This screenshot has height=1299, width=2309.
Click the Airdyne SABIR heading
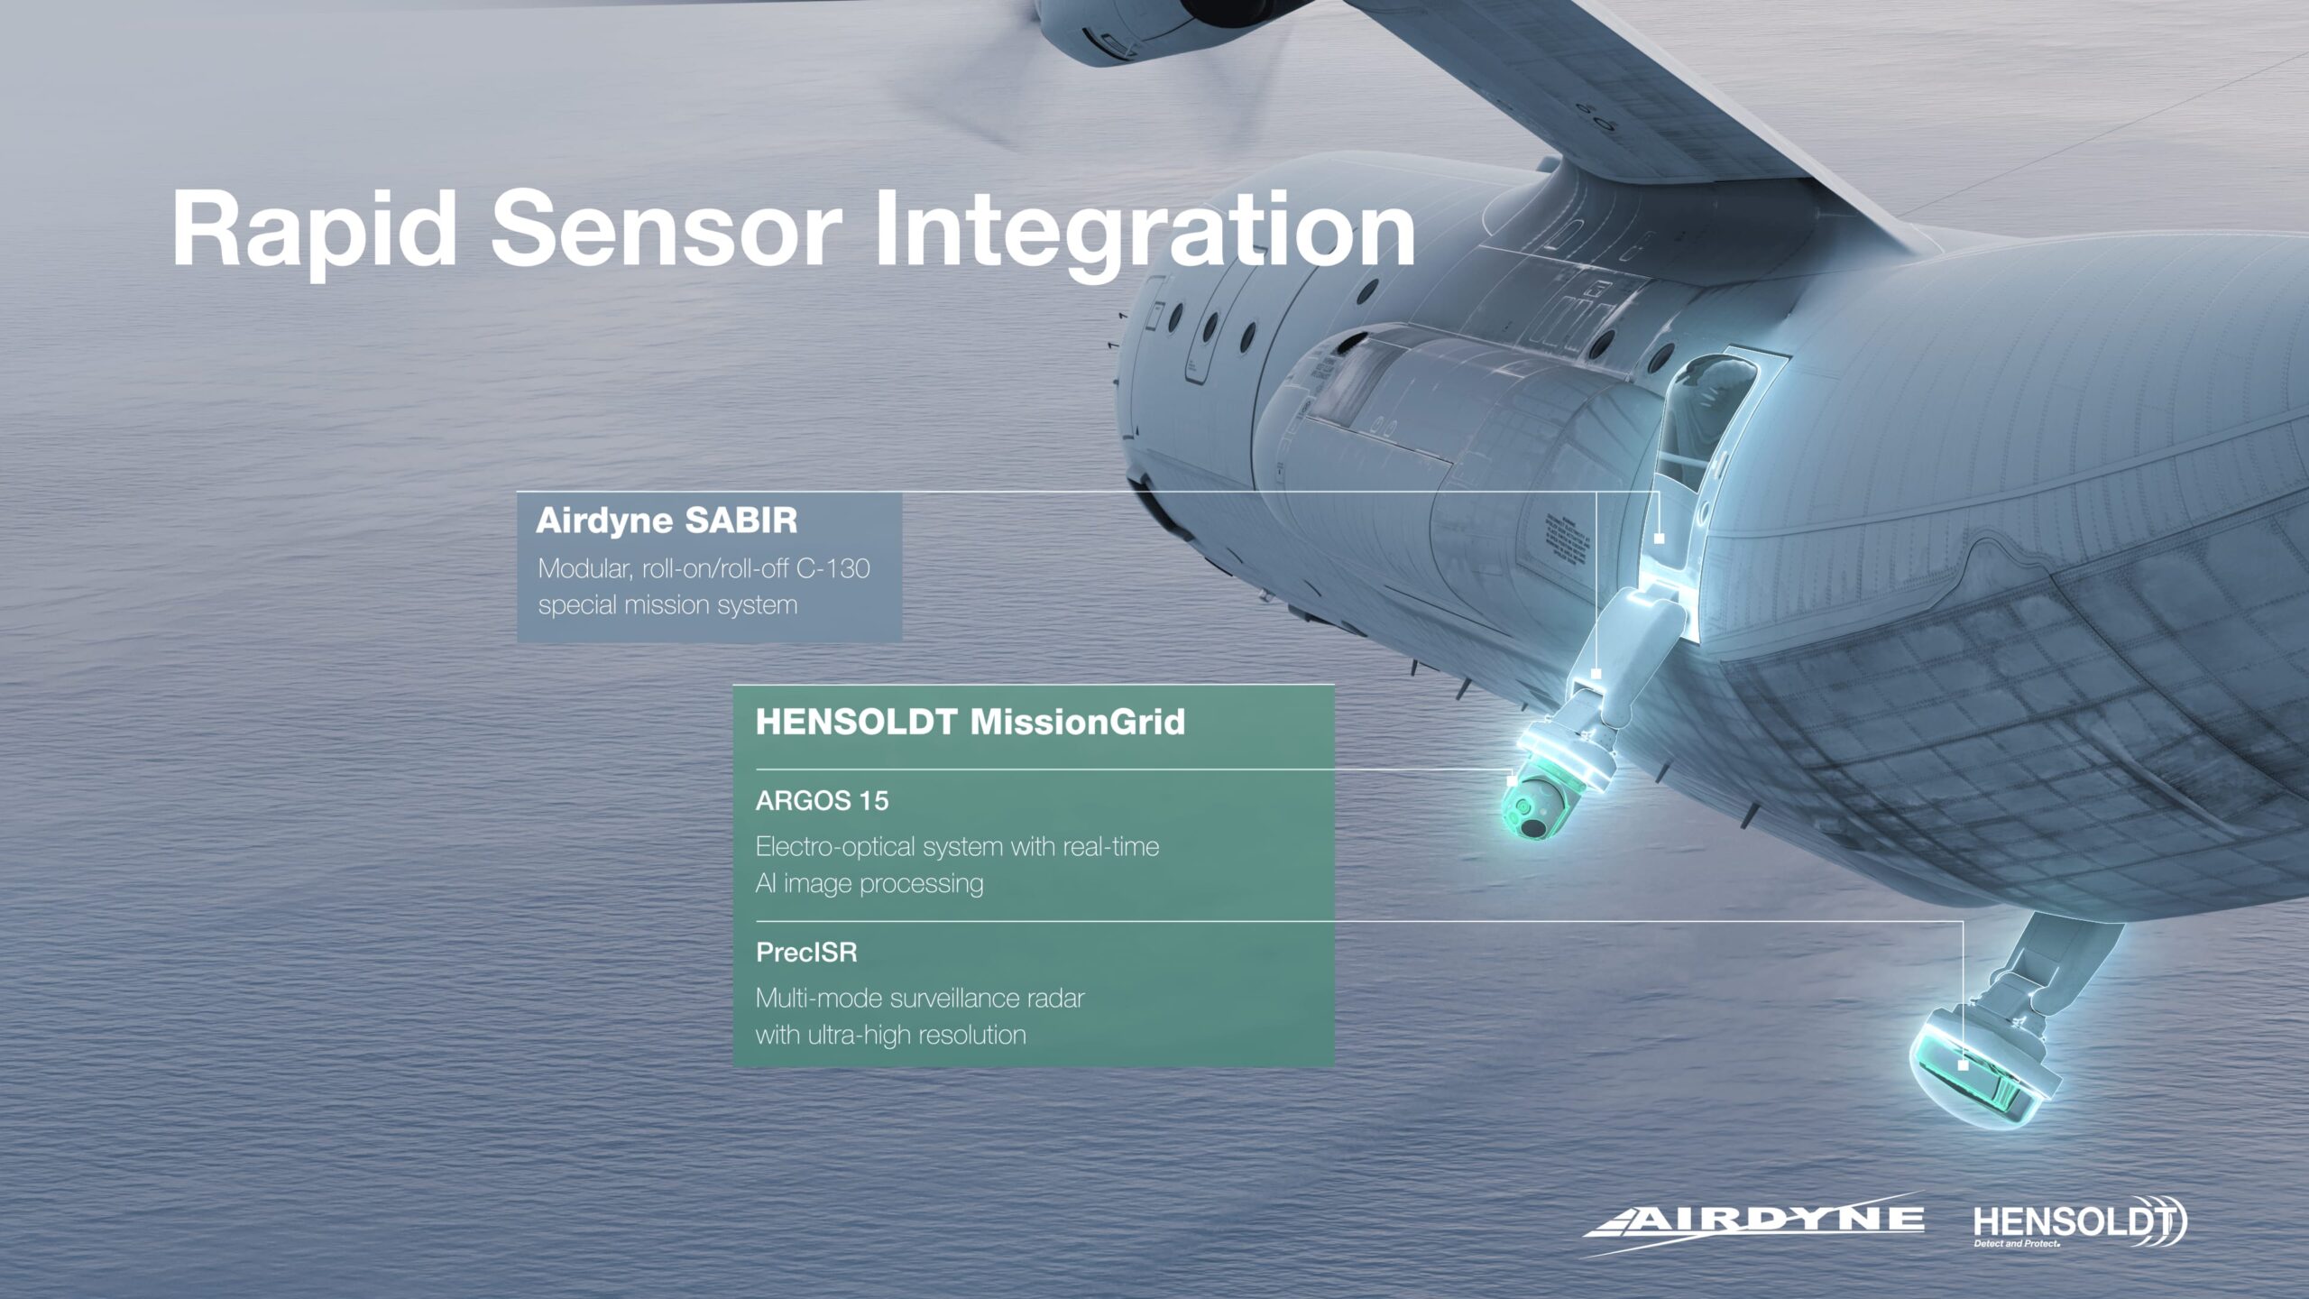(667, 521)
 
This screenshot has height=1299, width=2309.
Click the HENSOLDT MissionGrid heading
(970, 723)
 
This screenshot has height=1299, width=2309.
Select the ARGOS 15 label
(822, 801)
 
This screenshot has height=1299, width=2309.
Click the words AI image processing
(869, 884)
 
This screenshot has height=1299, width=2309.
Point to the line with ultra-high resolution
(891, 1036)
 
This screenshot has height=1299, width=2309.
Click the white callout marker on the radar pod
(1963, 1065)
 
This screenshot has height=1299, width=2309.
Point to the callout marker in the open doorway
(1659, 539)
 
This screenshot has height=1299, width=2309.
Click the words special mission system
(668, 605)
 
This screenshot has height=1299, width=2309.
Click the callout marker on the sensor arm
(1596, 673)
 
